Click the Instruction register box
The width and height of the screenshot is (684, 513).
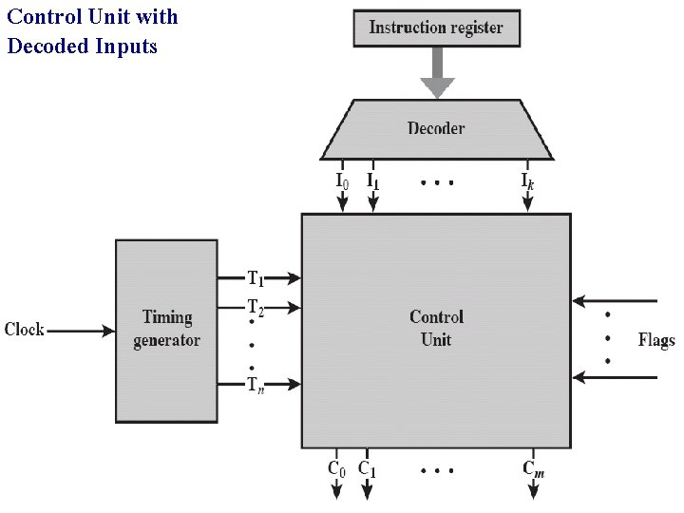point(436,28)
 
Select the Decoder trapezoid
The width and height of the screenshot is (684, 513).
point(436,128)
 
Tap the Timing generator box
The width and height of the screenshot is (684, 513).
point(166,329)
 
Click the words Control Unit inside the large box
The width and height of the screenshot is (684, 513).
point(436,328)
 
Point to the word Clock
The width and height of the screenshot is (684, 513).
point(25,330)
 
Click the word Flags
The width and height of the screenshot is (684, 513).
point(655,340)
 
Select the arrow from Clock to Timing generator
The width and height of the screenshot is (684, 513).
point(81,331)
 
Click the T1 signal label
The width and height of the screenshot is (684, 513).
point(256,278)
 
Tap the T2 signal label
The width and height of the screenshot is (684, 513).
point(256,307)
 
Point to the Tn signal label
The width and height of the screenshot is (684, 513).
point(256,385)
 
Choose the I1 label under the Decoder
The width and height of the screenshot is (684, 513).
point(372,180)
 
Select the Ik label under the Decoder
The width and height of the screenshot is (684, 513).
point(526,180)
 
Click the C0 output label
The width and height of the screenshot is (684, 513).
point(336,468)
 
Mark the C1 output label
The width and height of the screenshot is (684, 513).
point(367,468)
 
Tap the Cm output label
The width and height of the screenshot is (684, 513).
point(533,468)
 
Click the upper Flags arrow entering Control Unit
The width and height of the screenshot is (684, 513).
point(615,301)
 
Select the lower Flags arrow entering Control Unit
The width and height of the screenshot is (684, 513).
point(615,378)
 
